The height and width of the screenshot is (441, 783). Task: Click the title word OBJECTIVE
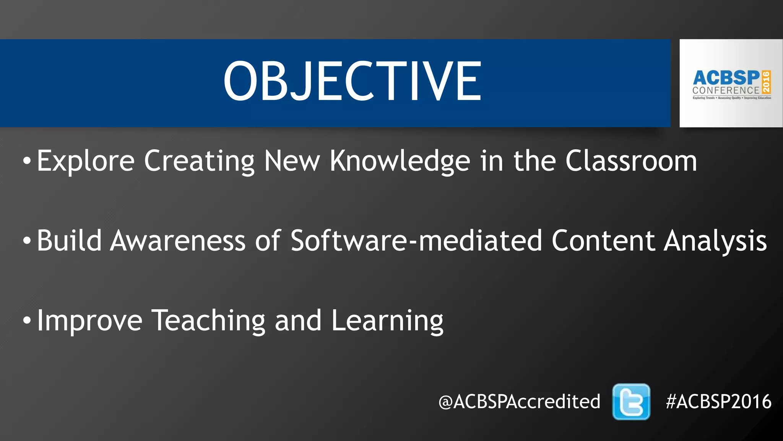(x=352, y=81)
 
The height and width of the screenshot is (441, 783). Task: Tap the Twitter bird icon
(x=631, y=402)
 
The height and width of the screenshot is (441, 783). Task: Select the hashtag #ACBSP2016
(x=718, y=402)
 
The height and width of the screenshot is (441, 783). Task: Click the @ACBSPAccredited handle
(x=519, y=402)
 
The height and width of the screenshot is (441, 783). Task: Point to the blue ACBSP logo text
(x=726, y=78)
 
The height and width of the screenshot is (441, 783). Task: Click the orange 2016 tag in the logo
(x=766, y=82)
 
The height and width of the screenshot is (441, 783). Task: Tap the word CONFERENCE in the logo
(x=726, y=91)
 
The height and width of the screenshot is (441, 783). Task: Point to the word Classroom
(x=631, y=161)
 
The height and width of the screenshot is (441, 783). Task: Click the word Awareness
(x=178, y=241)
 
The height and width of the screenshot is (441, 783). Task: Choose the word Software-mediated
(x=416, y=241)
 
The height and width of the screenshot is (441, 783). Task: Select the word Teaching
(x=208, y=321)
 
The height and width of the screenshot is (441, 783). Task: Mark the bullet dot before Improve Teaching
(x=26, y=320)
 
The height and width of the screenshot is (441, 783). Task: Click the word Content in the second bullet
(x=603, y=241)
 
